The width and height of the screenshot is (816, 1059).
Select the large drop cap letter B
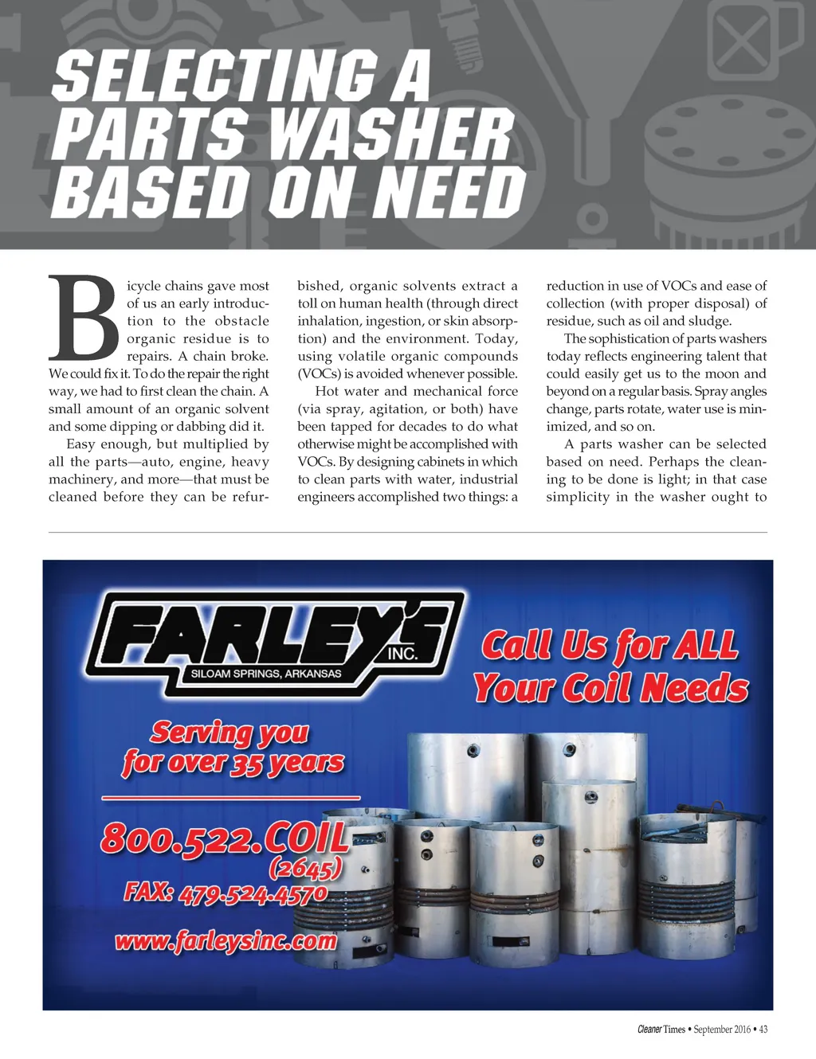82,318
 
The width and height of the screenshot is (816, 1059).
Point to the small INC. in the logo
402,654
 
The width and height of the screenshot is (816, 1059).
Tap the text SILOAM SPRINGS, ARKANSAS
266,674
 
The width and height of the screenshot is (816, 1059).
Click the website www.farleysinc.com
226,942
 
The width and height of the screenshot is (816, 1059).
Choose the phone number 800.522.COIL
225,838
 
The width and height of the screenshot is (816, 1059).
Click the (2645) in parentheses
306,866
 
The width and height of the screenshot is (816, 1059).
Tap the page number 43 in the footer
763,1030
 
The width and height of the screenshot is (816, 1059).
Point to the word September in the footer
712,1030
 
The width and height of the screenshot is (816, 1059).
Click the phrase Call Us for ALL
609,645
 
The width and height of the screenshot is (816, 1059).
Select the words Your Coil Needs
610,688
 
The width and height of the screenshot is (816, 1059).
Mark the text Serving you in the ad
229,731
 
